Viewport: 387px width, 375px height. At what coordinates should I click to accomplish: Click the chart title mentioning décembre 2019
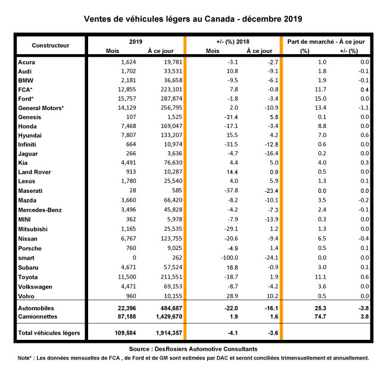193,18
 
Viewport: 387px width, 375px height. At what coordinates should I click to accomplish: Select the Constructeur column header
51,45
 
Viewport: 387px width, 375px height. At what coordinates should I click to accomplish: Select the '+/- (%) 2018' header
233,42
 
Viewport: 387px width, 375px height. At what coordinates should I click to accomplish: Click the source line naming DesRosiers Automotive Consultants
193,349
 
